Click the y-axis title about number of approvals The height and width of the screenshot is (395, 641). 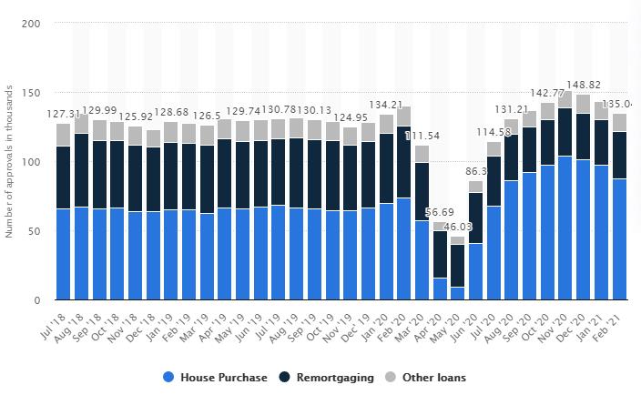coord(10,161)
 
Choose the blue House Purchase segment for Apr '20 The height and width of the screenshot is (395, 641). coord(440,289)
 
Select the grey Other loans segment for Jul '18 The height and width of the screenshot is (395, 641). coord(63,135)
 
